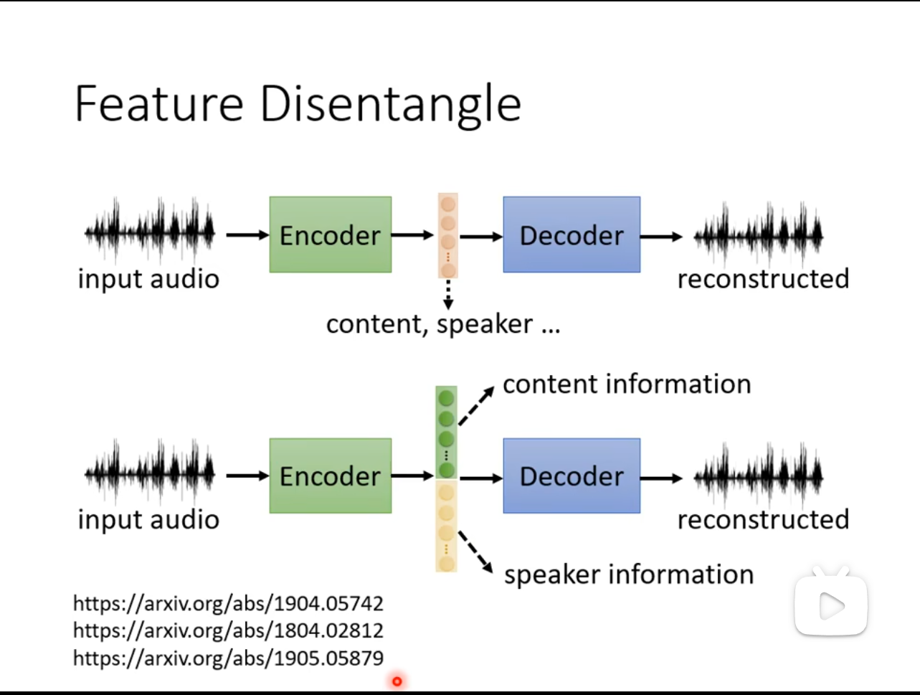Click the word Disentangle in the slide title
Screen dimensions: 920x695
391,105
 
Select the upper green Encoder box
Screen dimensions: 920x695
331,235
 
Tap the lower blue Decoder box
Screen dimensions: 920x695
572,476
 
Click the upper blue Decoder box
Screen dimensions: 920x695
572,235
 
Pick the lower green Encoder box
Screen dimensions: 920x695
331,476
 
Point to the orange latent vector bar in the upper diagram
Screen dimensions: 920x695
448,235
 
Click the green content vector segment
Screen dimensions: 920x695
447,432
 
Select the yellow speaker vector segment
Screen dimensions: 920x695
447,526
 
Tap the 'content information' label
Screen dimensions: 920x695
627,384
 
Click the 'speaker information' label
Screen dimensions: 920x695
629,575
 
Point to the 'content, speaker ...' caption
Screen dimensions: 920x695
443,324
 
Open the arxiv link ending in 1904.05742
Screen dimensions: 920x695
229,604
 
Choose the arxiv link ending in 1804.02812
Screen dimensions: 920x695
229,630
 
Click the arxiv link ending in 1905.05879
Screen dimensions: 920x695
229,658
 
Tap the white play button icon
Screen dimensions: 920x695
830,604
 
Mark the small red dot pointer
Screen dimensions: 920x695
397,681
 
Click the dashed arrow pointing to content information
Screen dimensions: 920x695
477,406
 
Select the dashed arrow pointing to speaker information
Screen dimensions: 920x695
476,552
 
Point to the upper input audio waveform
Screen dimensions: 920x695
150,230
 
